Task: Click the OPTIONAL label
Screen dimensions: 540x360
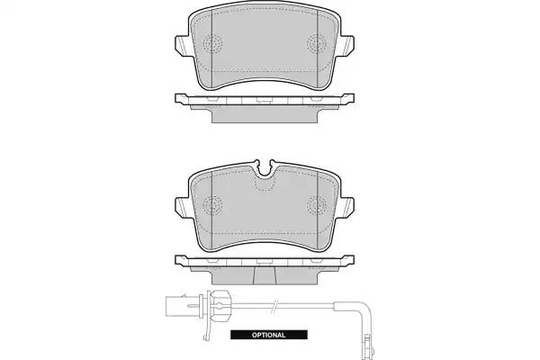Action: click(x=268, y=335)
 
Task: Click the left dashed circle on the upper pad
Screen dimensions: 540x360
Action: click(x=212, y=44)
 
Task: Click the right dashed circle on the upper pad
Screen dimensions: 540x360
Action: click(x=317, y=44)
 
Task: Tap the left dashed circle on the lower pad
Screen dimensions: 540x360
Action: click(x=212, y=206)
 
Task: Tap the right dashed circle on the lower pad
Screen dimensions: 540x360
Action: click(x=317, y=206)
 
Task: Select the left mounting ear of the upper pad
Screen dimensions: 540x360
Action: click(x=183, y=45)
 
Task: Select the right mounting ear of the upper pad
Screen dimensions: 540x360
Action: click(x=346, y=45)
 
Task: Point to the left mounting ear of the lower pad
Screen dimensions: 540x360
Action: click(x=183, y=207)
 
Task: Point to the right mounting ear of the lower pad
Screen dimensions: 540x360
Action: click(x=346, y=207)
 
